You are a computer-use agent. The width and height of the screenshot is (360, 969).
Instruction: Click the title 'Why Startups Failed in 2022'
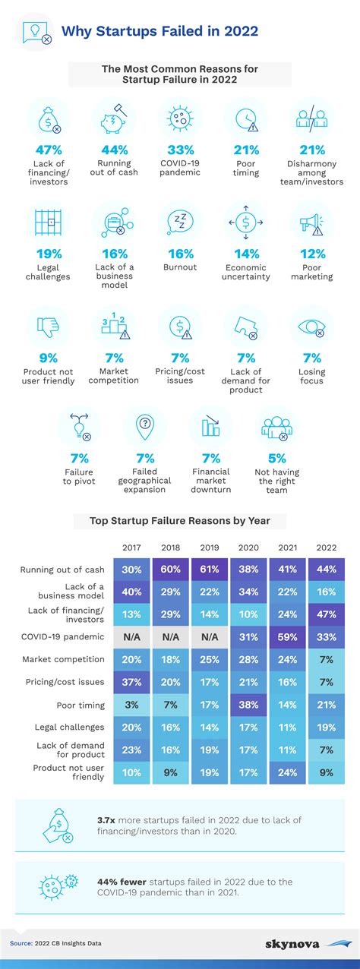click(x=159, y=31)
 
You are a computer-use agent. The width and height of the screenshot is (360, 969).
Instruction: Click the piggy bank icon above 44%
click(x=113, y=118)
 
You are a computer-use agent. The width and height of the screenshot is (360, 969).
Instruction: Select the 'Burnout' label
click(x=179, y=267)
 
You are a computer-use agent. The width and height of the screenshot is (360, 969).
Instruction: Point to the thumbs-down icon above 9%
click(x=47, y=327)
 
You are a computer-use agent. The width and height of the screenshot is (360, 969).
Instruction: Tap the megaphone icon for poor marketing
click(x=311, y=223)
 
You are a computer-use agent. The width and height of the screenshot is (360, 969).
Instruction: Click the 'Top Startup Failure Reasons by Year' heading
click(x=179, y=521)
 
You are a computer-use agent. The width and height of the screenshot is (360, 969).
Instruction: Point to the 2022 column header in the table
click(x=327, y=547)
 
